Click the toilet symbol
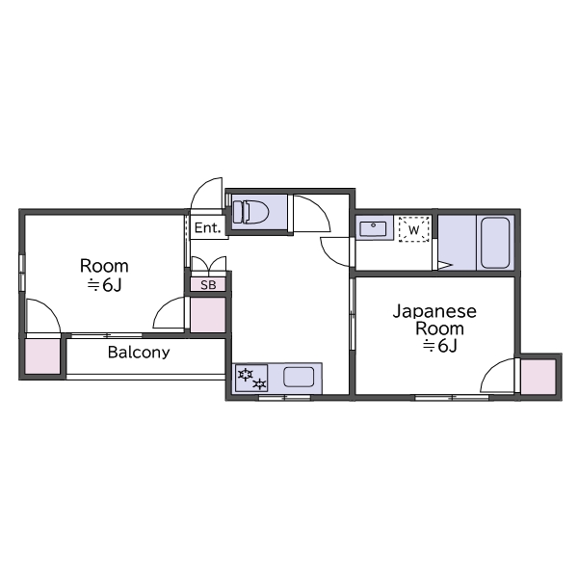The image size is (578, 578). (x=250, y=212)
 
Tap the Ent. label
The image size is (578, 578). (x=207, y=227)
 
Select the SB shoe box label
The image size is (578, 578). (x=208, y=285)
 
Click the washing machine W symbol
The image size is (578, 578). (x=414, y=229)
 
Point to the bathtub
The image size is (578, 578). (x=495, y=243)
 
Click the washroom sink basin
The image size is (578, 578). (x=373, y=228)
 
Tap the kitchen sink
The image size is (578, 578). (x=299, y=377)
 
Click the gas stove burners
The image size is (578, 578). (x=251, y=379)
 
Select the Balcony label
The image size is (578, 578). (x=139, y=353)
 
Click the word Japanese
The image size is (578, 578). (x=434, y=312)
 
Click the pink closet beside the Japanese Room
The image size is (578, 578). (x=538, y=377)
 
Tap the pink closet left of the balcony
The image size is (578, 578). (x=42, y=356)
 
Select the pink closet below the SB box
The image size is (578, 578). (x=207, y=314)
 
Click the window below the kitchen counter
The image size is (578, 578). (x=284, y=397)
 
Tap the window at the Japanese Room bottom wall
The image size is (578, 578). (x=452, y=397)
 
